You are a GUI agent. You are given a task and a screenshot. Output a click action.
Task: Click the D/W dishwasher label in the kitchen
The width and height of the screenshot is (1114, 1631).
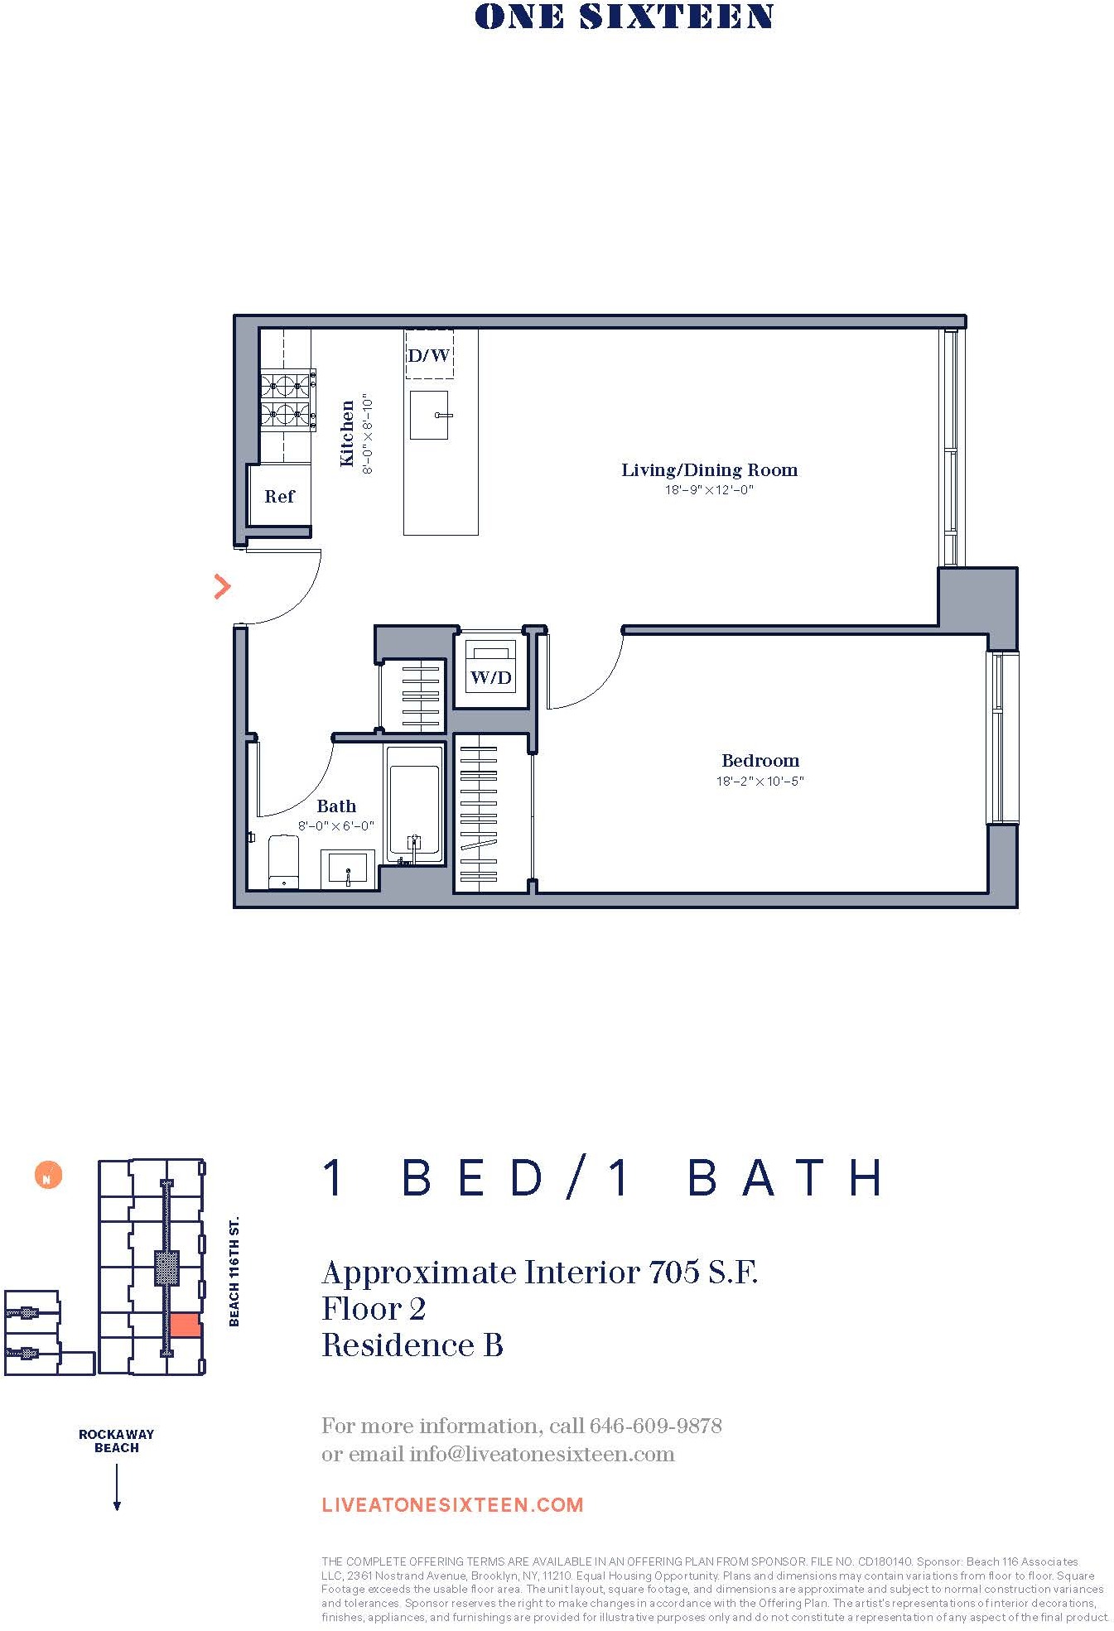429,356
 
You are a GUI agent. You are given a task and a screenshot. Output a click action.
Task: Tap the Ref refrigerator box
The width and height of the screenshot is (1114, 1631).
279,496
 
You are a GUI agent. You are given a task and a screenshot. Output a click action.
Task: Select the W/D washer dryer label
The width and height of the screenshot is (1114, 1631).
491,677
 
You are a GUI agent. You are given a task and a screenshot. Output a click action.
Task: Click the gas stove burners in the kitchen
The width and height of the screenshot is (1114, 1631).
287,400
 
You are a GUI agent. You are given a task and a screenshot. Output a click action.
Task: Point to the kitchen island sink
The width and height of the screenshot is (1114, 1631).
429,415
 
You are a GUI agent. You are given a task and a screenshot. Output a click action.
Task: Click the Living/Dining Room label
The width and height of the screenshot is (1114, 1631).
709,470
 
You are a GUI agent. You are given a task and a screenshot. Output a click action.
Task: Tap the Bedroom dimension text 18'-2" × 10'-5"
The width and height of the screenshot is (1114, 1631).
760,781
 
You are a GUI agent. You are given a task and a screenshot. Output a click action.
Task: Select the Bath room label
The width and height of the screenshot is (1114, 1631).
336,806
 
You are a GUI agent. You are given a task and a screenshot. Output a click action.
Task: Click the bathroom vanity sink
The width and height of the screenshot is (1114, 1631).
349,868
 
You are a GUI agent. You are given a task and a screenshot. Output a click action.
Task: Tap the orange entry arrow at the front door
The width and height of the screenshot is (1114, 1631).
222,586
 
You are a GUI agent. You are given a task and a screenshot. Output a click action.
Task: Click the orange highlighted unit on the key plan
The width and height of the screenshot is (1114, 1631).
185,1325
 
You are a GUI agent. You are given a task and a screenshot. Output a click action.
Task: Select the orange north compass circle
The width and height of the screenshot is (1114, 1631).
48,1175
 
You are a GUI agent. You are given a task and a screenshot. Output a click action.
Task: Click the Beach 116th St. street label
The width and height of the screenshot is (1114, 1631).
234,1271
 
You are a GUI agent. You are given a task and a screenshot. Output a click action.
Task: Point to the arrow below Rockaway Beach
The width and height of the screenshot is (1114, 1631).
117,1487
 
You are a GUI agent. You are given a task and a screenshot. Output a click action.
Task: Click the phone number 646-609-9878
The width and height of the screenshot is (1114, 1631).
655,1426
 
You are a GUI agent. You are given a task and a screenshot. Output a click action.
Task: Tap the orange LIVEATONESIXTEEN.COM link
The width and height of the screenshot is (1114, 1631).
452,1504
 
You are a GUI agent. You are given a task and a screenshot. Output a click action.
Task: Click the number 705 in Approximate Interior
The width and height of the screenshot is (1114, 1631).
673,1273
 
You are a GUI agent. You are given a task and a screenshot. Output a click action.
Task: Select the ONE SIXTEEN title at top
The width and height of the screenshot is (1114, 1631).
624,17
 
